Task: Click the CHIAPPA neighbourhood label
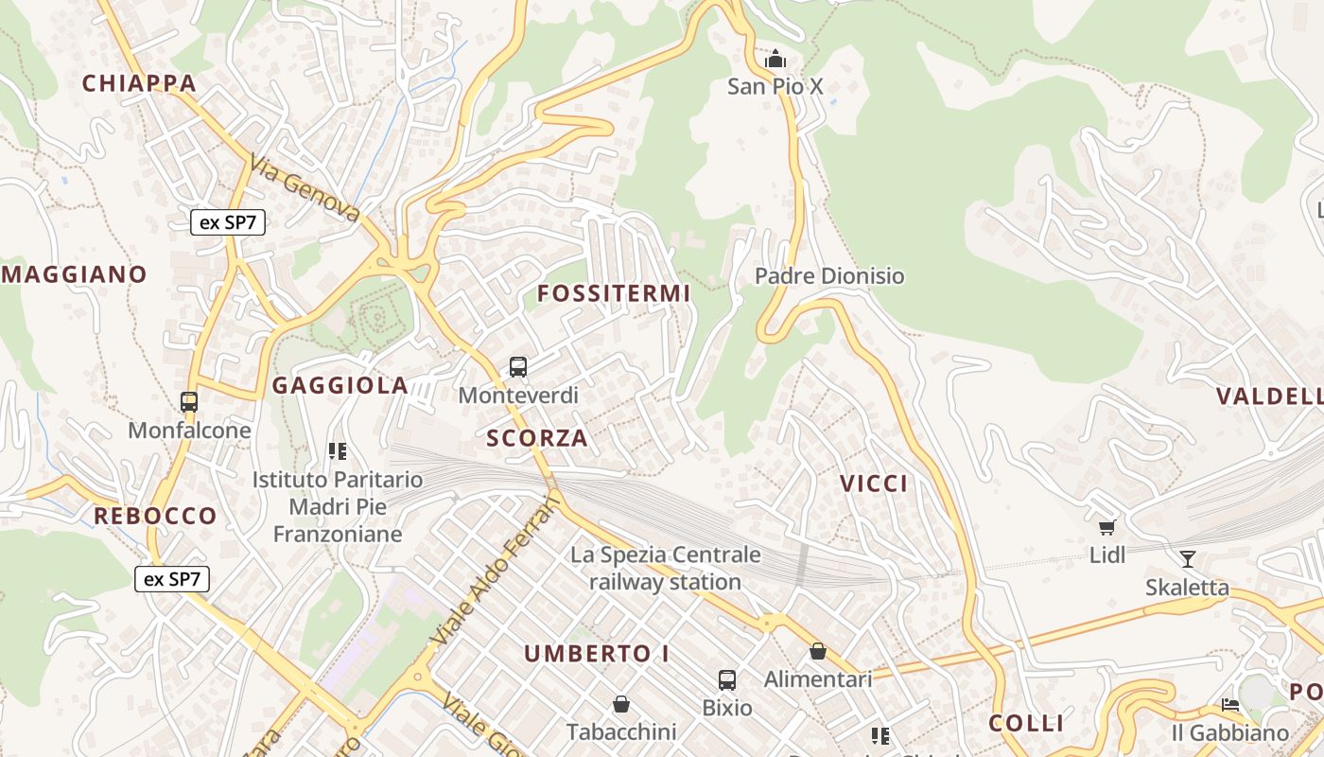(139, 83)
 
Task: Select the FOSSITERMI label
(614, 293)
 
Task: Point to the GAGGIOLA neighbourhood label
(340, 385)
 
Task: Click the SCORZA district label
(537, 438)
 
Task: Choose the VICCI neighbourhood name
(874, 484)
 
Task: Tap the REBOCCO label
(155, 516)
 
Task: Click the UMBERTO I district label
(597, 653)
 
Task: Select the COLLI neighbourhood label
(1026, 723)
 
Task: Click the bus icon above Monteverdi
(517, 366)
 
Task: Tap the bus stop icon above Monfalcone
(189, 402)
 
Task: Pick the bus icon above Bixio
(726, 679)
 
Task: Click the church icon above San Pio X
(775, 60)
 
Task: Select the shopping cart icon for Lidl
(1107, 527)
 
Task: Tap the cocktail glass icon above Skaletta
(1188, 558)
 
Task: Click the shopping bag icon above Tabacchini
(621, 704)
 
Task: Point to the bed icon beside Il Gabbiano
(1229, 705)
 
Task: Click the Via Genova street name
(305, 190)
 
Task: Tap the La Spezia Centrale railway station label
(665, 568)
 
